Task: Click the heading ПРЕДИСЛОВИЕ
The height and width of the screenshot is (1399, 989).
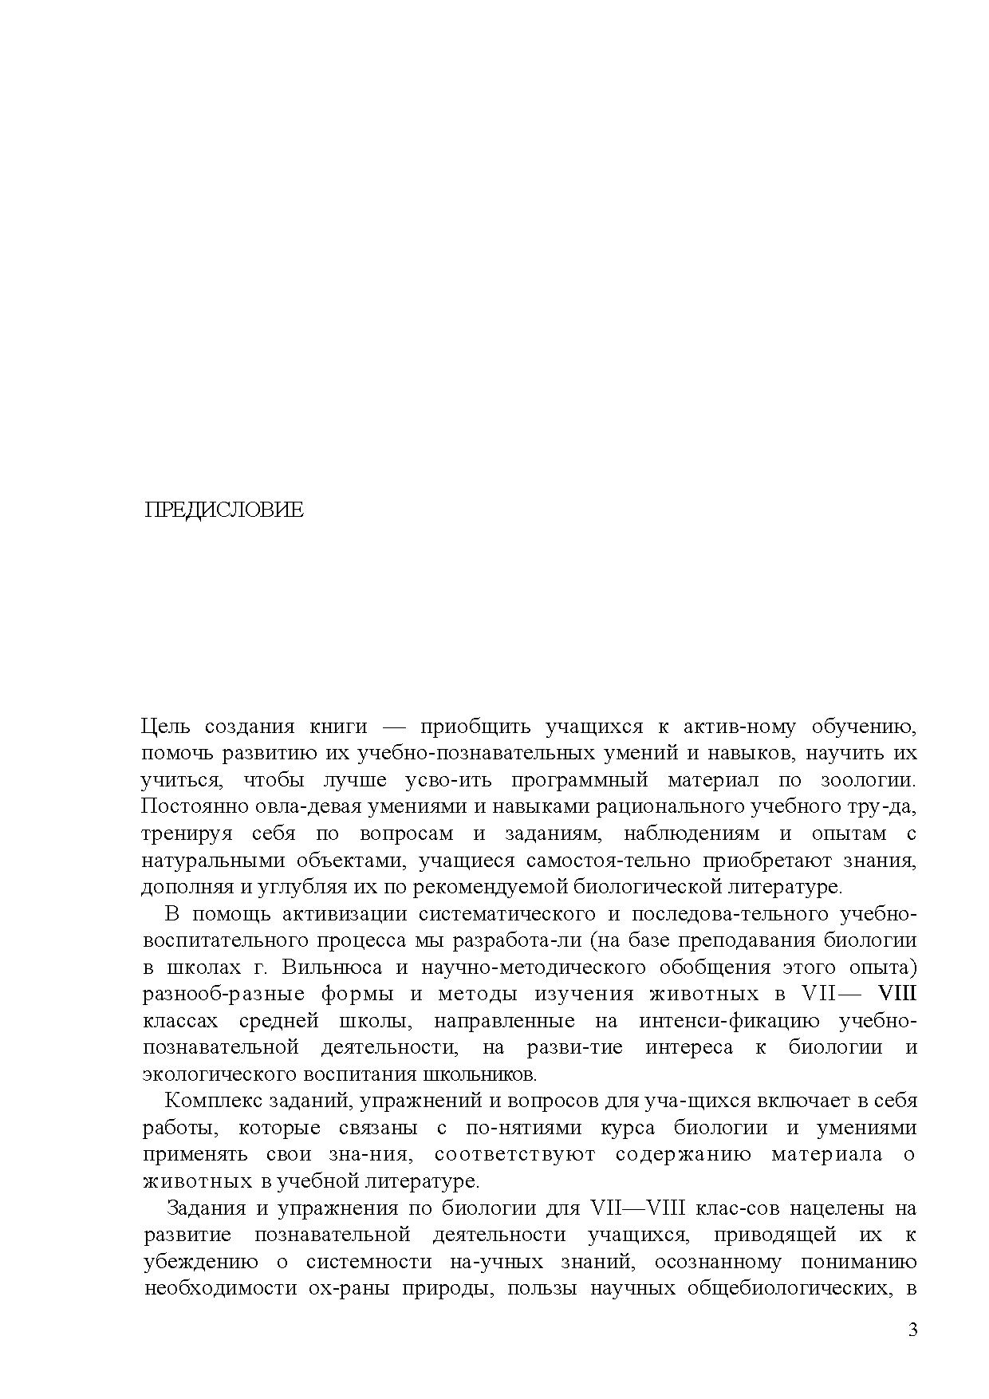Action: pyautogui.click(x=224, y=510)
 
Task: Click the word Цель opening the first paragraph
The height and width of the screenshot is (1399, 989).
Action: pyautogui.click(x=167, y=727)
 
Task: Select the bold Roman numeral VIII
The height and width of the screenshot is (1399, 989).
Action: pyautogui.click(x=896, y=995)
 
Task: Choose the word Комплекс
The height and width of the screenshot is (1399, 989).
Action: pyautogui.click(x=211, y=1101)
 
